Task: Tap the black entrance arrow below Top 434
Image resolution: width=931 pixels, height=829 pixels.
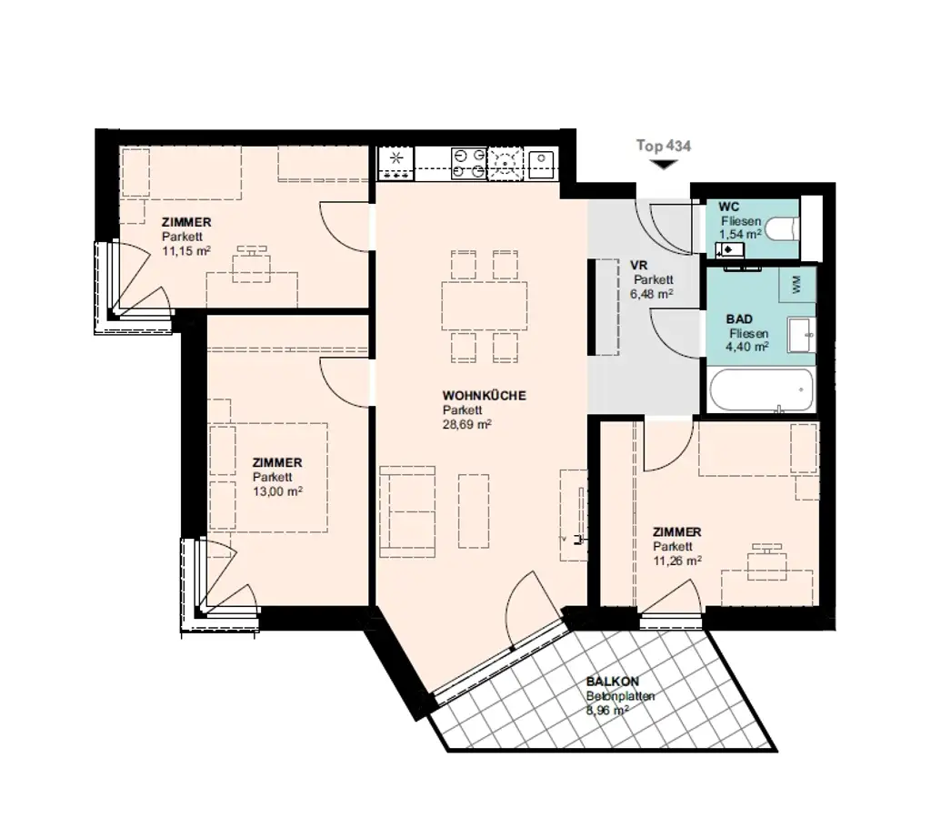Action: click(664, 165)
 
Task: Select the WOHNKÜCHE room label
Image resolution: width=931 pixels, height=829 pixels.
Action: click(484, 396)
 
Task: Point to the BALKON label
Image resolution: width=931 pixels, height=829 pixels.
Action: click(613, 682)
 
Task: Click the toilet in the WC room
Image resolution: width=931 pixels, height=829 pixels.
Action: click(782, 228)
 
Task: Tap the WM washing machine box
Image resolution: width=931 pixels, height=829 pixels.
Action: click(797, 285)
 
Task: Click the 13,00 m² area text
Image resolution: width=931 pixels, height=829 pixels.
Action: click(277, 491)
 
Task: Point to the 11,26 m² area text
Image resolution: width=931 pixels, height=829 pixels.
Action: click(676, 561)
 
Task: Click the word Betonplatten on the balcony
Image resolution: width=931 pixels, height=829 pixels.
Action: click(621, 696)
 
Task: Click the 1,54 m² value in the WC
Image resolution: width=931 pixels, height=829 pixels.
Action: click(739, 235)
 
